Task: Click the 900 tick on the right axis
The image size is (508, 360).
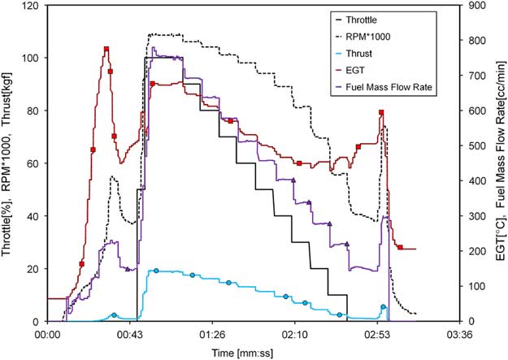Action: point(474,6)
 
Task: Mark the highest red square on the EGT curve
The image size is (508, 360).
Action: point(106,50)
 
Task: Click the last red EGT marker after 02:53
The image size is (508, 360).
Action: point(400,247)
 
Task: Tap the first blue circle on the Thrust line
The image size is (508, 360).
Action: point(114,314)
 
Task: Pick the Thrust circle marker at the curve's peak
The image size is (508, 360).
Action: point(156,271)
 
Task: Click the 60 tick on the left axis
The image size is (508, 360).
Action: point(36,163)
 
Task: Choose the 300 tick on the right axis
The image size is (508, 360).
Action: point(474,216)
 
